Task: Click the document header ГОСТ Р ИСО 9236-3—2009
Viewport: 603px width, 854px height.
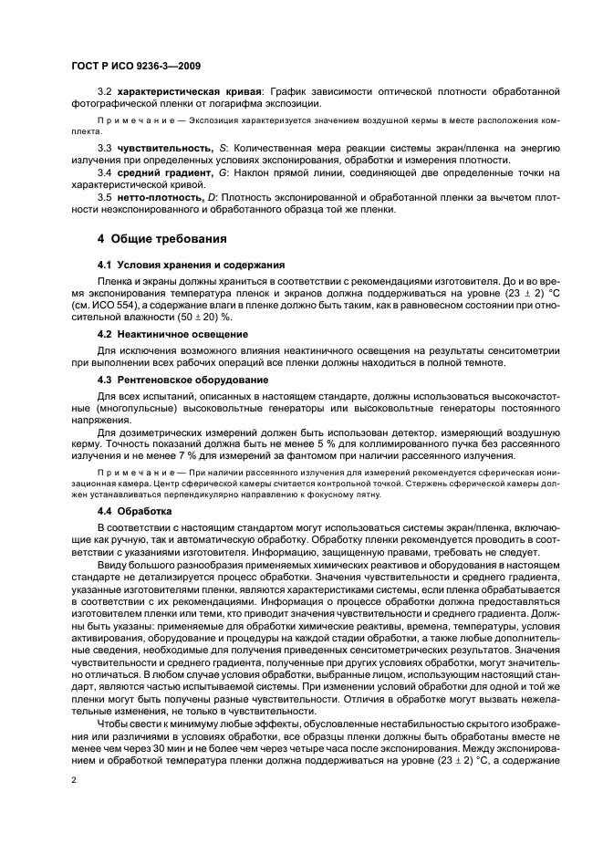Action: click(137, 67)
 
